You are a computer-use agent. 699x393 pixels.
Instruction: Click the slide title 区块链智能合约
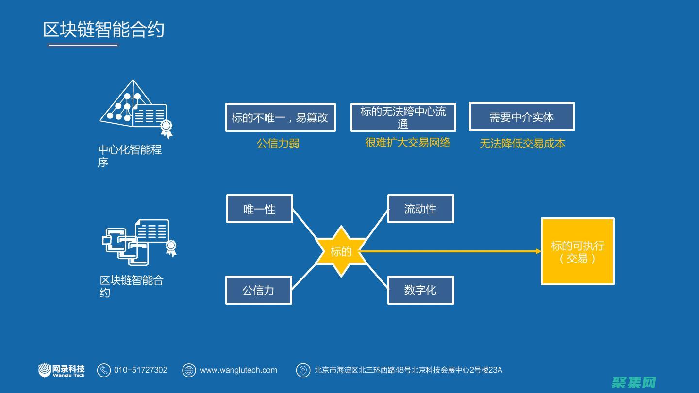coord(103,30)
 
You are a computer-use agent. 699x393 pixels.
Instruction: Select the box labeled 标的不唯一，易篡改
coord(280,117)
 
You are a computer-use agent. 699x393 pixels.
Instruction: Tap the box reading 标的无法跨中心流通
coord(403,117)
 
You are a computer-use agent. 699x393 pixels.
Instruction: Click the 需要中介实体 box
coord(521,117)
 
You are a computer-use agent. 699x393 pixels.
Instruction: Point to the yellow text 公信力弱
coord(278,144)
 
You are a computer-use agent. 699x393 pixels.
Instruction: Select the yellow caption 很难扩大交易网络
coord(408,143)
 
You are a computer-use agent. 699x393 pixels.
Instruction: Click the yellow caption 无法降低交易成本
coord(522,144)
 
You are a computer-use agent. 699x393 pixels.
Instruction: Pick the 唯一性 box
coord(259,209)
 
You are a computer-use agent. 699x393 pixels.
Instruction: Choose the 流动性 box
coord(420,209)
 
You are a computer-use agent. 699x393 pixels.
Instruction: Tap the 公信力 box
coord(258,290)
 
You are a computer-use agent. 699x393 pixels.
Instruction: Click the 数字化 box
coord(420,290)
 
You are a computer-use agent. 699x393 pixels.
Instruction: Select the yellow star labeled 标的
coord(341,251)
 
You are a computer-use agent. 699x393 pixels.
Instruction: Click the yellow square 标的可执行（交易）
coord(577,251)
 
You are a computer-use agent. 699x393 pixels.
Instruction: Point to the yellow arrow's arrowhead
coord(538,251)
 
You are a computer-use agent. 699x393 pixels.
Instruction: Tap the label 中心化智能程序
coord(129,155)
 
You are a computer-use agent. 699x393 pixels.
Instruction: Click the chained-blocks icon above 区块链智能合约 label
coord(138,242)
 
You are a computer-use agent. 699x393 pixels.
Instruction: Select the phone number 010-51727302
coord(141,370)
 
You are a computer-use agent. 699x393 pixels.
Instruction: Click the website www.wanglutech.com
coord(238,370)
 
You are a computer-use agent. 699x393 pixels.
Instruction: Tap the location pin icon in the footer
coord(303,370)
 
